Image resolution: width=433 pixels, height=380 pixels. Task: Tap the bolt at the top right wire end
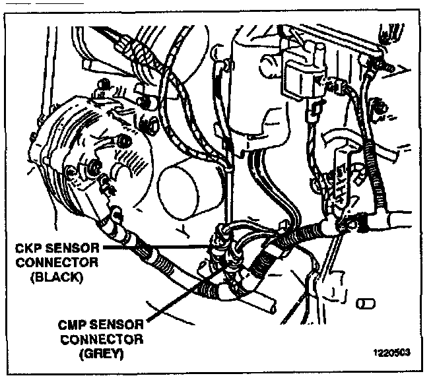383,65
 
